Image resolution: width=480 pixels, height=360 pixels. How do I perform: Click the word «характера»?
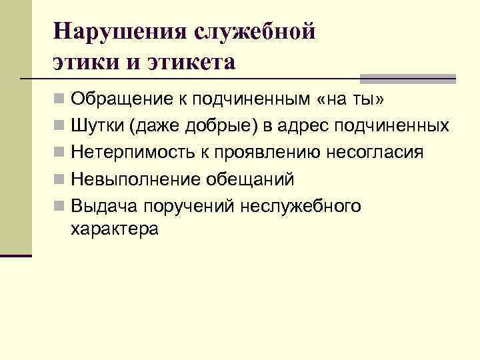tap(113, 229)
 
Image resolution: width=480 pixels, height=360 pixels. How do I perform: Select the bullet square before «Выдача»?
tap(60, 206)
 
